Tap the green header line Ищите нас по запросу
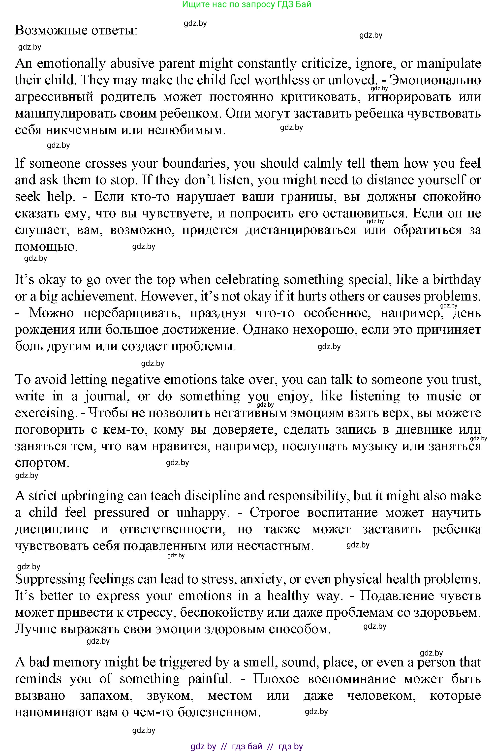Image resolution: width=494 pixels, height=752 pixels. [x=247, y=4]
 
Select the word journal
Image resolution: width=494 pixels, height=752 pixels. [x=107, y=396]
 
